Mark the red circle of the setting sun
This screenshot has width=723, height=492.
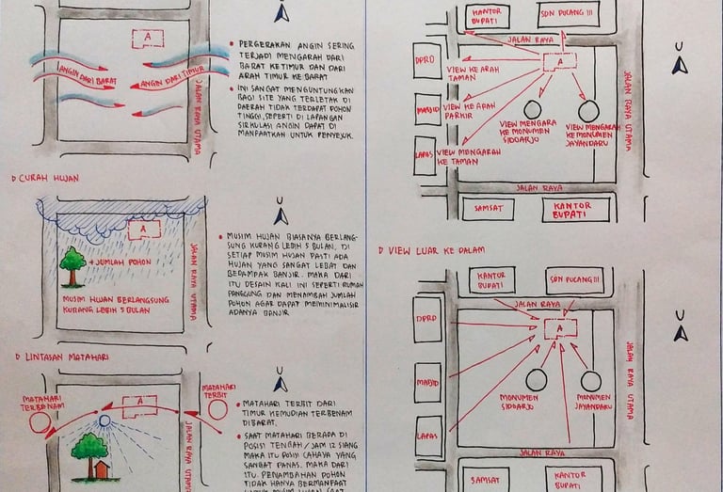click(x=39, y=422)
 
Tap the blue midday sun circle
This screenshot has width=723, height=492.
click(x=104, y=421)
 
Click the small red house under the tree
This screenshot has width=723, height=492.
click(x=100, y=468)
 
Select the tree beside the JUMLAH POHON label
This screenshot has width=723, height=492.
click(x=72, y=265)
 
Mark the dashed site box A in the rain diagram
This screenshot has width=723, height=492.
click(x=140, y=228)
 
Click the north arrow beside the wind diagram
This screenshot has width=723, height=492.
click(x=280, y=13)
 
